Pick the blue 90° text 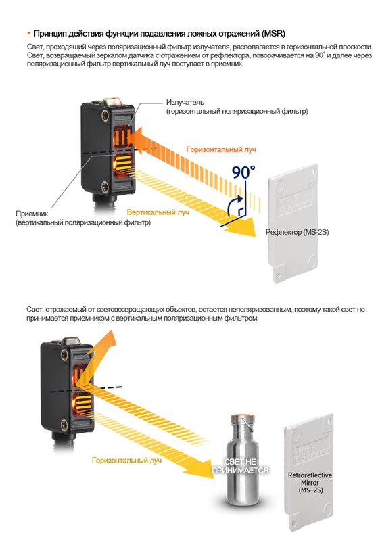(x=243, y=171)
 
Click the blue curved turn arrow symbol (x=237, y=206)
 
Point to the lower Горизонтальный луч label (x=126, y=460)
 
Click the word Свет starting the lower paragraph (x=34, y=308)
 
